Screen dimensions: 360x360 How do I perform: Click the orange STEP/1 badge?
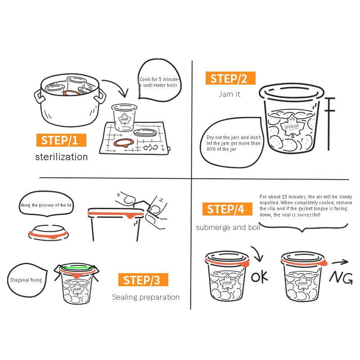pyautogui.click(x=61, y=140)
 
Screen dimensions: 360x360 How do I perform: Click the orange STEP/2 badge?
pyautogui.click(x=230, y=78)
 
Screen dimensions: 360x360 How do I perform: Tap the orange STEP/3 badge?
pyautogui.click(x=143, y=279)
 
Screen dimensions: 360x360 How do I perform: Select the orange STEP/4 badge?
pyautogui.click(x=227, y=209)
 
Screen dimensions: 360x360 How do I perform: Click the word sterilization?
pyautogui.click(x=62, y=157)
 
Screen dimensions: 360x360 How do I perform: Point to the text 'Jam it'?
pyautogui.click(x=229, y=94)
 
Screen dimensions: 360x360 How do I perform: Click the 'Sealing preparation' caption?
pyautogui.click(x=146, y=297)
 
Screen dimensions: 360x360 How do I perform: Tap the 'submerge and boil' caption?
pyautogui.click(x=228, y=227)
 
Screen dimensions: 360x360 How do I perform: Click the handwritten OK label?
pyautogui.click(x=260, y=277)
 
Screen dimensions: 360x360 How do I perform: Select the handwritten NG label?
pyautogui.click(x=341, y=278)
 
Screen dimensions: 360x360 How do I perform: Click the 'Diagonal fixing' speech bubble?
pyautogui.click(x=27, y=280)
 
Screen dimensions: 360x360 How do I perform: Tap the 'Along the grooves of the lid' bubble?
pyautogui.click(x=46, y=204)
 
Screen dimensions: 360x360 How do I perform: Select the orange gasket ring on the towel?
pyautogui.click(x=123, y=143)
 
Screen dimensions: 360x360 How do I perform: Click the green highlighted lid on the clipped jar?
pyautogui.click(x=78, y=267)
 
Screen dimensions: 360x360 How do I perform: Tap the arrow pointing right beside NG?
pyautogui.click(x=340, y=262)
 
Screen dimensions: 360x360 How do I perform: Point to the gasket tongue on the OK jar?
pyautogui.click(x=247, y=263)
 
